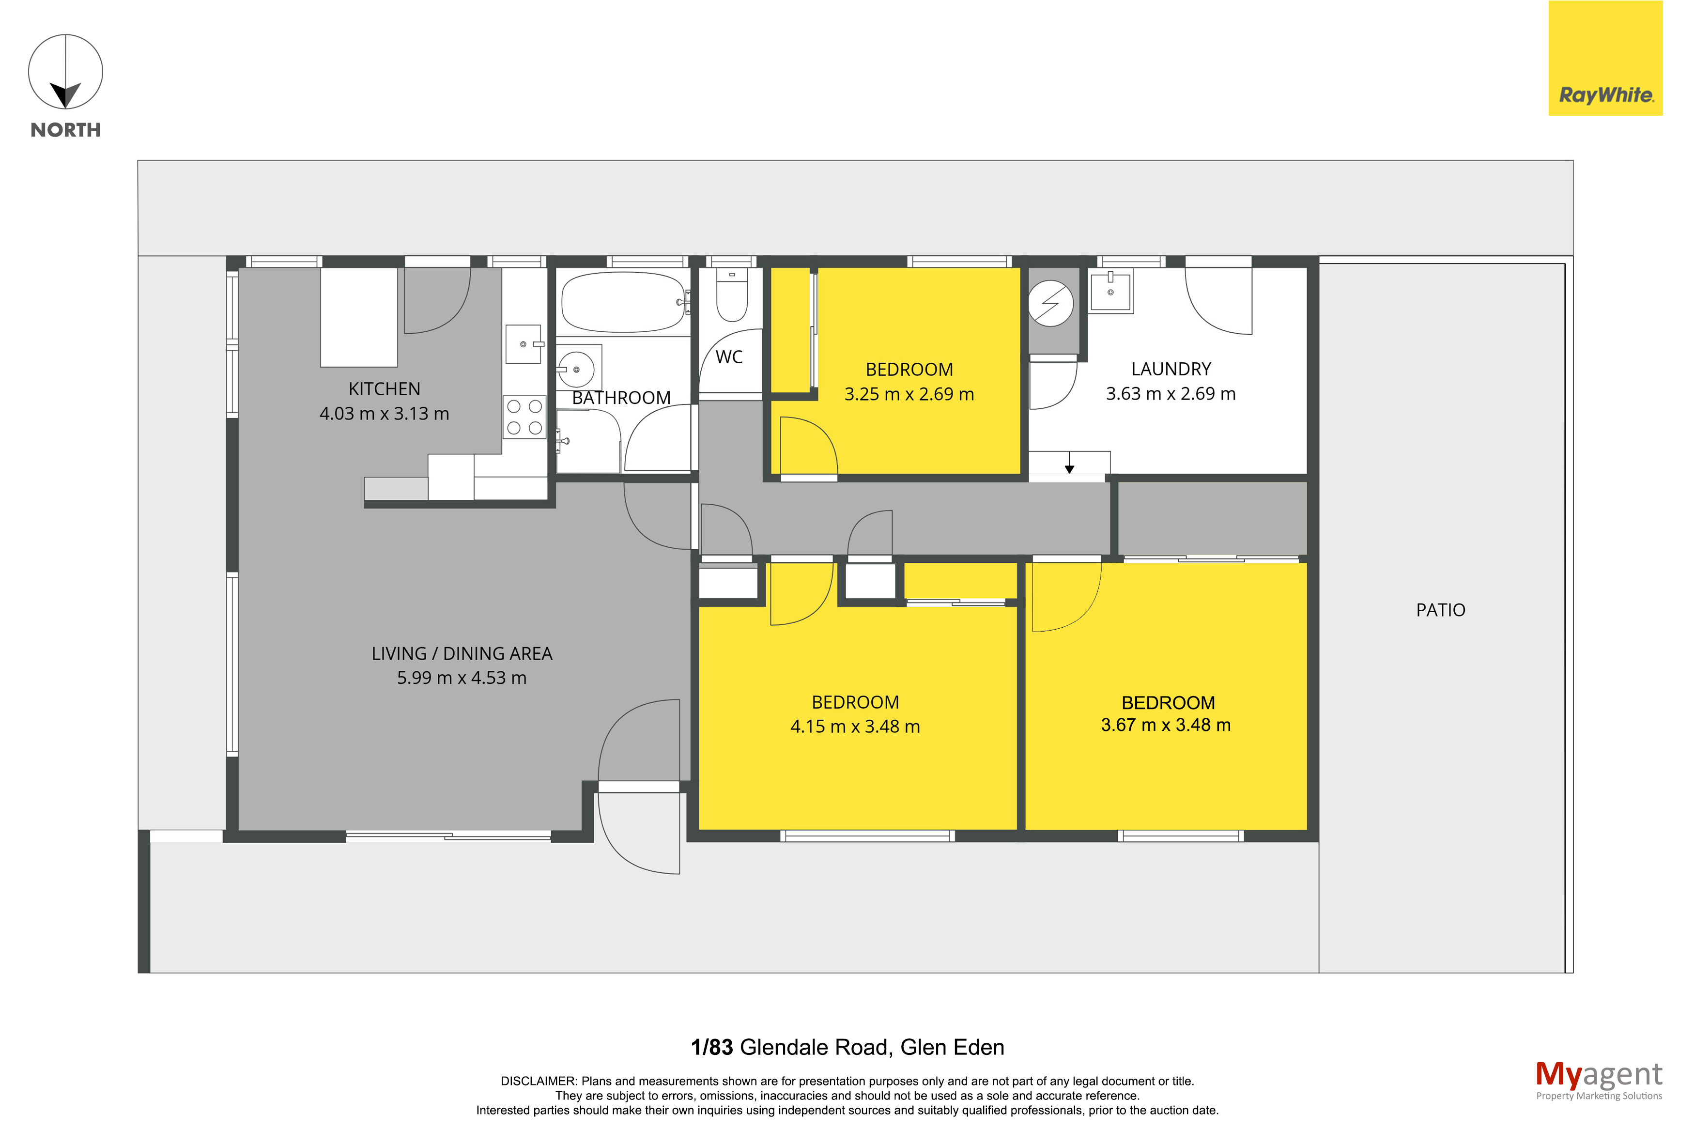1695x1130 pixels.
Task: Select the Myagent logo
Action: tap(1599, 1080)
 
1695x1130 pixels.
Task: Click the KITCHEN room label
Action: tap(384, 389)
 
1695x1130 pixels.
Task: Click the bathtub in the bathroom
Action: tap(623, 302)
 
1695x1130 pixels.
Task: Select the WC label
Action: tap(729, 357)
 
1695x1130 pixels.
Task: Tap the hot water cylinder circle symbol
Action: tap(1050, 303)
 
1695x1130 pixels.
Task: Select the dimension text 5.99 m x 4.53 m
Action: tap(462, 678)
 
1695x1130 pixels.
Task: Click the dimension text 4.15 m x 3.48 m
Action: tap(855, 727)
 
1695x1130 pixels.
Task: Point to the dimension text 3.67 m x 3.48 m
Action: tap(1166, 725)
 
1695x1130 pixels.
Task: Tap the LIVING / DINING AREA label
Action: tap(462, 654)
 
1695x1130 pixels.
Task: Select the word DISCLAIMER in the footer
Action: tap(538, 1081)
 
